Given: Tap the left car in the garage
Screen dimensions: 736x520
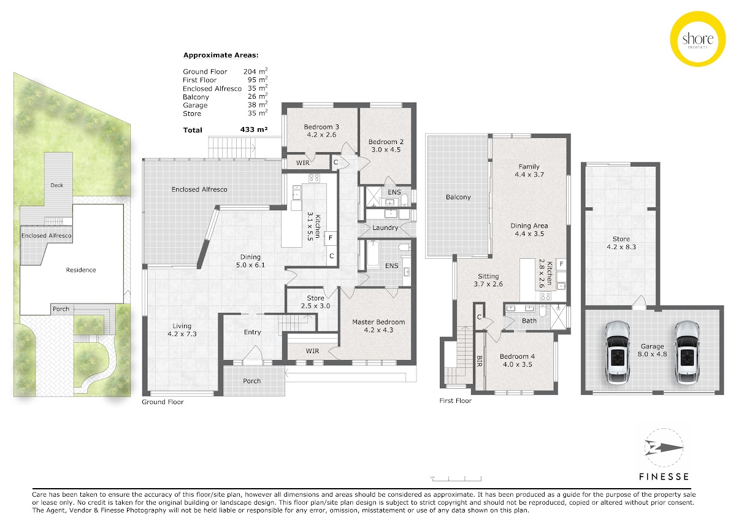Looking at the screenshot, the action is (x=618, y=353).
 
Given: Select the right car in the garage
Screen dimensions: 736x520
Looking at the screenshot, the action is (x=688, y=353).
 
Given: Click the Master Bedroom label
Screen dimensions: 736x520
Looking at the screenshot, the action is (x=378, y=322).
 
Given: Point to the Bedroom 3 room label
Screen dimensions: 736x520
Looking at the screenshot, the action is (x=321, y=127).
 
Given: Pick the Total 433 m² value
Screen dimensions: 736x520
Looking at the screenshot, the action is (x=254, y=129).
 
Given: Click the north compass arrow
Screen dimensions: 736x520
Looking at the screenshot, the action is (x=664, y=448).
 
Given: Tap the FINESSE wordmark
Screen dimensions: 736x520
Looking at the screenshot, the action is (x=664, y=476).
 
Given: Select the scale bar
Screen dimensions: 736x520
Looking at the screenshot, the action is (x=457, y=478).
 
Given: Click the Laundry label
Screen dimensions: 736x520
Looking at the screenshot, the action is (x=385, y=227).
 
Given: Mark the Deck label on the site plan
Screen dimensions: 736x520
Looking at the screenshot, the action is (x=56, y=185).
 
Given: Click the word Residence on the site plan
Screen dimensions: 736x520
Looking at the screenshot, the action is (x=81, y=270).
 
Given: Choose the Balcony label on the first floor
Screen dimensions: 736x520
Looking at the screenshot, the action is (x=458, y=197).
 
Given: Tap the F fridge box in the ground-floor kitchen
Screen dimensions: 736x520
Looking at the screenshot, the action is (x=331, y=238).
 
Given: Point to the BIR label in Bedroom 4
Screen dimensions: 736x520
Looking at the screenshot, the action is (x=479, y=361).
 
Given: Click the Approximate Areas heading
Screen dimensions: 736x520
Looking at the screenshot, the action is (x=221, y=55).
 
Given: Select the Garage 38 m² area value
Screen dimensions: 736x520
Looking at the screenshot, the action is (x=258, y=104).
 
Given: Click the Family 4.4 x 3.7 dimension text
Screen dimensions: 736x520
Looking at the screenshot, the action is (x=529, y=175).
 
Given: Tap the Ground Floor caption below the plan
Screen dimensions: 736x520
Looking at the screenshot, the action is (x=163, y=402).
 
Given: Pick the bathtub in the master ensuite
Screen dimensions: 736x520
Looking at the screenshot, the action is (x=373, y=254).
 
